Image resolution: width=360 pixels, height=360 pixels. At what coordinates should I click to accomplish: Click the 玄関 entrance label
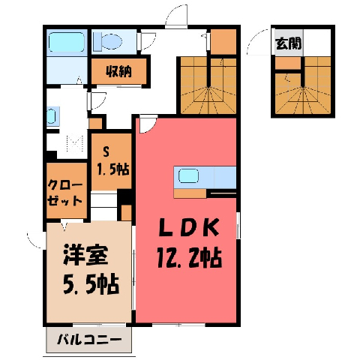(288, 43)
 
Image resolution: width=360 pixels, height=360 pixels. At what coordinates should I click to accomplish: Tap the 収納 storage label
(118, 71)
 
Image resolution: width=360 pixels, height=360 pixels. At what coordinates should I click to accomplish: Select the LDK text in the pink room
(189, 228)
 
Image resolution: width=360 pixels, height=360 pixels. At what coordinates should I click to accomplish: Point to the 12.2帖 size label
(189, 257)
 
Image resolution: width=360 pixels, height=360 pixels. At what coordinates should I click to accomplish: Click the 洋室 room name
(85, 255)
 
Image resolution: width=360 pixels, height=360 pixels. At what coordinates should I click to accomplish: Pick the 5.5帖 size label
(90, 284)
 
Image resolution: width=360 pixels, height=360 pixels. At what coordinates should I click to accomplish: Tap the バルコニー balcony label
(89, 340)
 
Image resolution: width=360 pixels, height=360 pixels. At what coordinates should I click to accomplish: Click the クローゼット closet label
(64, 193)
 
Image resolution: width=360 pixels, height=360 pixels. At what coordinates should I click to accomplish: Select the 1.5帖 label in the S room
(112, 169)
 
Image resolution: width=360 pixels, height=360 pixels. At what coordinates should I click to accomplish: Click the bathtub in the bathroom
(67, 42)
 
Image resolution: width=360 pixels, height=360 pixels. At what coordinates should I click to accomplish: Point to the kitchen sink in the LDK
(188, 175)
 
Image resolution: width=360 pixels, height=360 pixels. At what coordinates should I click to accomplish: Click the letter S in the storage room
(106, 151)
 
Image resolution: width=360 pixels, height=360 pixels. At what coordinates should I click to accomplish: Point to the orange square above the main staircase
(223, 42)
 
